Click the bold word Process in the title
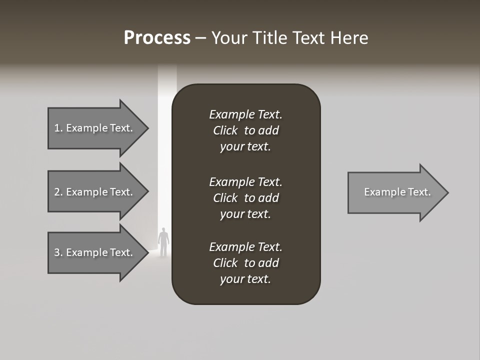[x=157, y=38]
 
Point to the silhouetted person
[x=163, y=242]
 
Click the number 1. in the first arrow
[x=58, y=128]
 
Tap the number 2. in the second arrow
[x=58, y=192]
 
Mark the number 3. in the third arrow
[x=58, y=252]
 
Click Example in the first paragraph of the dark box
[x=231, y=115]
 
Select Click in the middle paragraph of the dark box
[x=225, y=198]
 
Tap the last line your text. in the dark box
[x=245, y=279]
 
